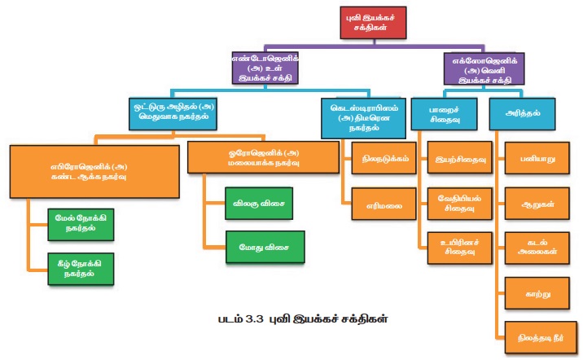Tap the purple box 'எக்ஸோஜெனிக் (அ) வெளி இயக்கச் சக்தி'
pyautogui.click(x=483, y=69)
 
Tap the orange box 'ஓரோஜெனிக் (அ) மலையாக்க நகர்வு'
pyautogui.click(x=264, y=156)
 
